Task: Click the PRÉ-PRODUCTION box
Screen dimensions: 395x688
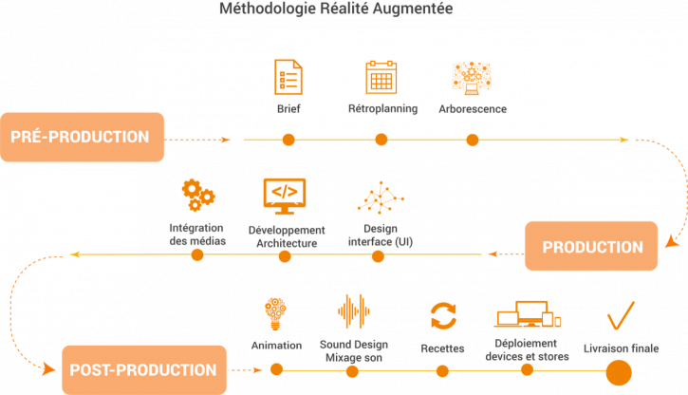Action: click(x=82, y=137)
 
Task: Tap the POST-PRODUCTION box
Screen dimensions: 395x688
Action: click(x=145, y=370)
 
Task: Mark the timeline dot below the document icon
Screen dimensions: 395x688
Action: click(x=288, y=140)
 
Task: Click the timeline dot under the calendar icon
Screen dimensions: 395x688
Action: click(x=381, y=140)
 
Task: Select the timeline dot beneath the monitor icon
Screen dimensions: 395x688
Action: click(x=288, y=255)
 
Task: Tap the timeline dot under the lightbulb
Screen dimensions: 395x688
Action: click(x=276, y=370)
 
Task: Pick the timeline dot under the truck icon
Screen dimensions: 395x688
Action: click(x=528, y=370)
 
